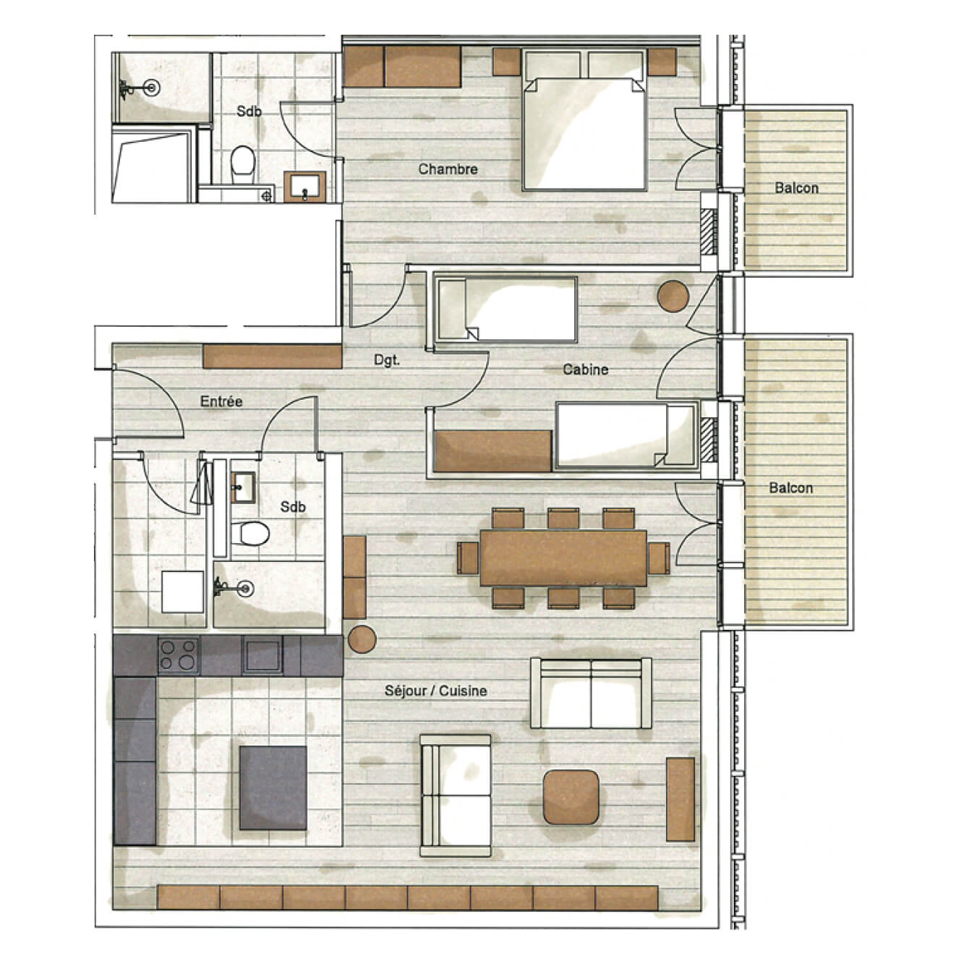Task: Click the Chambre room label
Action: [448, 169]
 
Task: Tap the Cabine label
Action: [585, 370]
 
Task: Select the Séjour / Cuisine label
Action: [436, 691]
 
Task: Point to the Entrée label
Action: [221, 401]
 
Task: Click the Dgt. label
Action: [387, 360]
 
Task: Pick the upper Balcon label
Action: [796, 188]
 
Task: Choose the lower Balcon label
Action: [790, 487]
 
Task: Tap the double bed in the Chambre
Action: [584, 120]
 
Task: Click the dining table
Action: [563, 558]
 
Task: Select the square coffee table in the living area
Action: [571, 797]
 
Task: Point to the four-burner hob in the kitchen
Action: [178, 654]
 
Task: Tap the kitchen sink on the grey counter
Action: [262, 655]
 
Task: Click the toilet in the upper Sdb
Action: [242, 163]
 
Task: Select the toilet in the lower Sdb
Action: [250, 533]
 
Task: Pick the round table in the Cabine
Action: [673, 297]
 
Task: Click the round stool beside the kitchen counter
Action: [362, 639]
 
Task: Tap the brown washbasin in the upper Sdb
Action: [304, 187]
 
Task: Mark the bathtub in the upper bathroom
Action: [152, 164]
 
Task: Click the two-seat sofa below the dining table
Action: [591, 693]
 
